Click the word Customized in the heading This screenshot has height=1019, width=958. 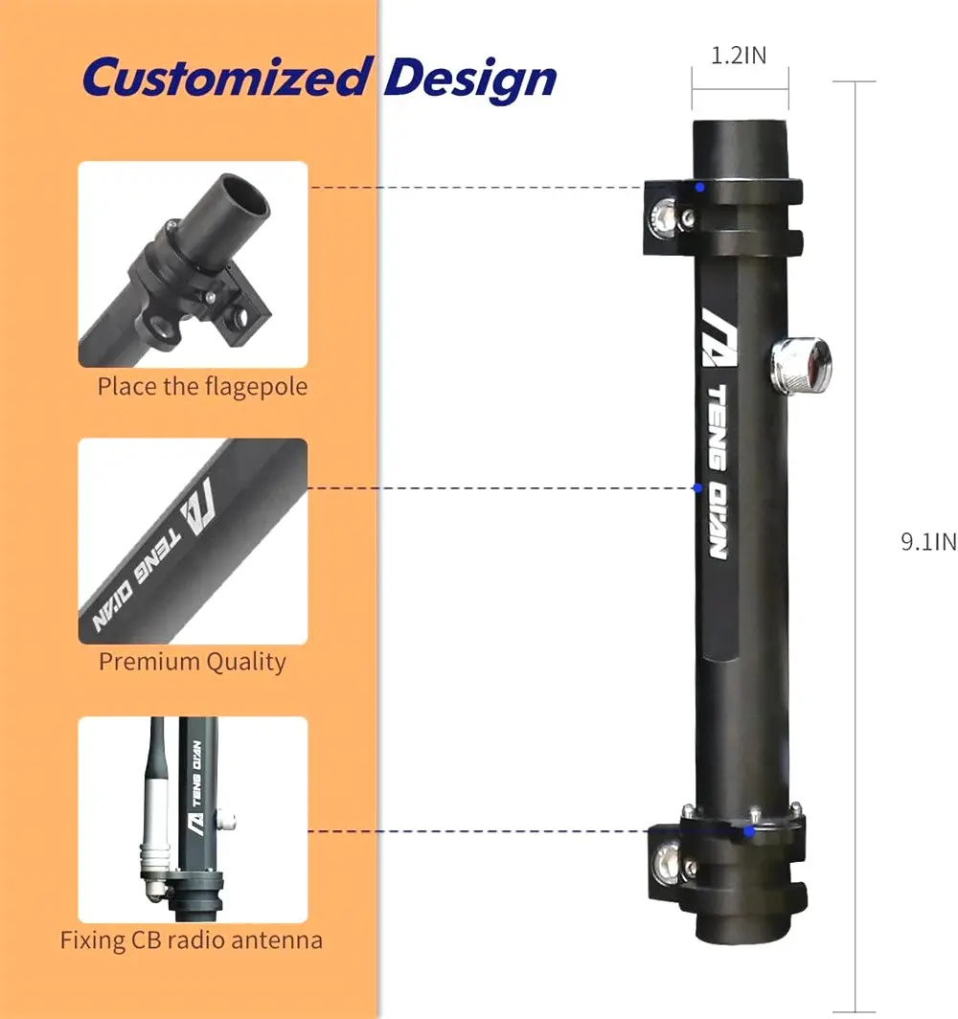tap(225, 78)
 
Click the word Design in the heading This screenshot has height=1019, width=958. tap(470, 78)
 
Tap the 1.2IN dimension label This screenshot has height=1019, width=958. tap(739, 56)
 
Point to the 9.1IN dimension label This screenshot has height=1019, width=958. tap(927, 542)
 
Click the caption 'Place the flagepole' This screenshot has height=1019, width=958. tap(202, 387)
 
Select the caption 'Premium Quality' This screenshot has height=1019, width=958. tap(193, 662)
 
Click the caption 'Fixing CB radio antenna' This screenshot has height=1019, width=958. tap(192, 940)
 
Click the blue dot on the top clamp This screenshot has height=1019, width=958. tap(700, 188)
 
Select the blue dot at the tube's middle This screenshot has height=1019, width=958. tap(697, 488)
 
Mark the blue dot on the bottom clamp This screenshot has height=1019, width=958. tap(748, 830)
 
